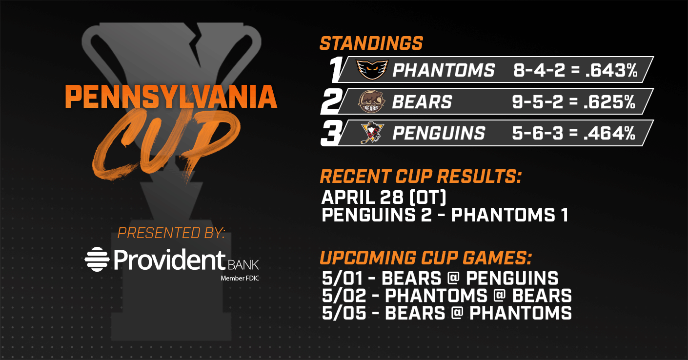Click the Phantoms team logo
pos(372,69)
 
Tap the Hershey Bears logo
pos(371,101)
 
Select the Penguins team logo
pos(372,133)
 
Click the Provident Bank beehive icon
pos(97,259)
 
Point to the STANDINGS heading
pos(371,43)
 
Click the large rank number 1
pos(335,69)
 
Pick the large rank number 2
pos(331,101)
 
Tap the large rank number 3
pos(331,133)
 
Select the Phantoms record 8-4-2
pos(539,70)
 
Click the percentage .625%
pos(609,101)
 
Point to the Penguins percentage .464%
pos(609,133)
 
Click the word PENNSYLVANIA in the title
pos(171,97)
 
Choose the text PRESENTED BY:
pos(171,233)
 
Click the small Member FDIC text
pos(240,279)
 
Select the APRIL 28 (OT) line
pos(384,197)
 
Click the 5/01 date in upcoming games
pos(342,279)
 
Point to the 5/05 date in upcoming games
pos(344,313)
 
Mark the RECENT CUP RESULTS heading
pos(421,176)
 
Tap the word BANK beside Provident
pos(243,265)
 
